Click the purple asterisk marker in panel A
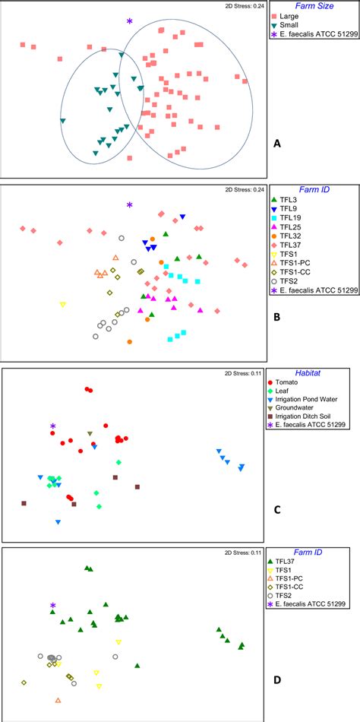[x=130, y=22]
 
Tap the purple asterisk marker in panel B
[x=130, y=204]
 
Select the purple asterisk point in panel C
[x=53, y=426]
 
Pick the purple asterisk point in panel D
[x=53, y=606]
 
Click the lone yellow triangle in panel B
[x=63, y=304]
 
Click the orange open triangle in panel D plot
[x=58, y=700]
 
